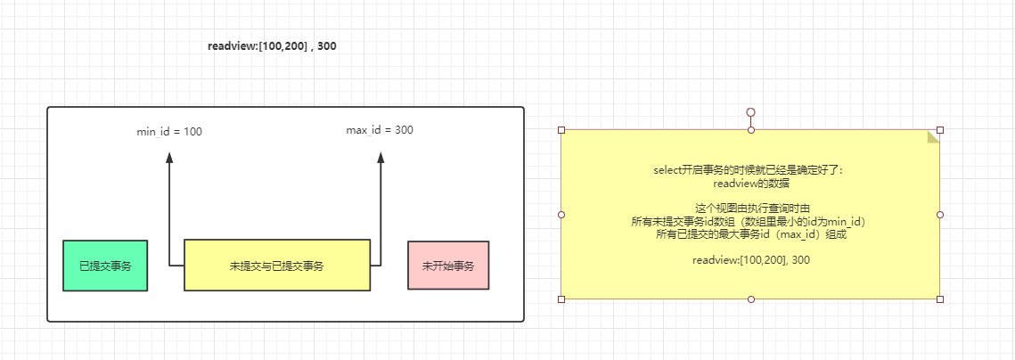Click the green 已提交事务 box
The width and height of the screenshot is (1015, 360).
pos(104,266)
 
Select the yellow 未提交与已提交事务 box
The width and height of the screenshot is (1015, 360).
pos(276,266)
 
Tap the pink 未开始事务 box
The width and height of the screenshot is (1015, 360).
pos(448,266)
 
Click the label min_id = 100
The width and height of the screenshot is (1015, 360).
pos(169,132)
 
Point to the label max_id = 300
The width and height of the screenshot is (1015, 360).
pos(380,130)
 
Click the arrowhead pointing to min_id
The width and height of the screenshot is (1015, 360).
pos(169,158)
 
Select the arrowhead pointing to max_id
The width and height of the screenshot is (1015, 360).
pos(381,158)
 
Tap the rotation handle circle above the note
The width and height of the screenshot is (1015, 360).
pos(750,113)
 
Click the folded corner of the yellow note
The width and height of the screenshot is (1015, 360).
pos(933,136)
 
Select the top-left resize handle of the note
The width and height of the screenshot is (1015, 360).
pos(561,130)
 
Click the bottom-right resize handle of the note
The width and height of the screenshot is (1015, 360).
pos(940,299)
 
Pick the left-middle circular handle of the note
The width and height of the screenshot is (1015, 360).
pos(561,215)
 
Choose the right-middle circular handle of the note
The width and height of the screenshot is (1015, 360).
pos(940,215)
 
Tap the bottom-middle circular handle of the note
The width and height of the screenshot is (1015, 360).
pos(750,299)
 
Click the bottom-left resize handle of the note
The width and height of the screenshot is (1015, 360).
pos(561,299)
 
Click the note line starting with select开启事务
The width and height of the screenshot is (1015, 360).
pos(750,169)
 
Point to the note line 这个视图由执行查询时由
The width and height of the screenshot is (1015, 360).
pos(750,208)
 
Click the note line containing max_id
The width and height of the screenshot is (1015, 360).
pos(750,234)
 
